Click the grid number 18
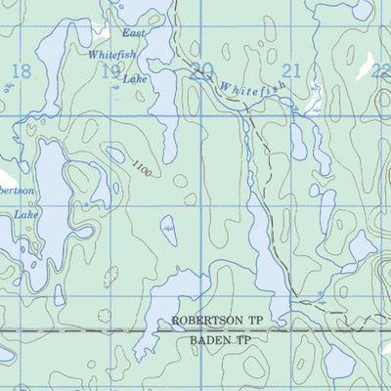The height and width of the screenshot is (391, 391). (20, 70)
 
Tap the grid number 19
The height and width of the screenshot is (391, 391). (111, 70)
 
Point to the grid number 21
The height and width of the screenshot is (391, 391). (290, 69)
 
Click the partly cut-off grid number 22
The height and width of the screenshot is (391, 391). (380, 69)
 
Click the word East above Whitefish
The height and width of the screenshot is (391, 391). (134, 34)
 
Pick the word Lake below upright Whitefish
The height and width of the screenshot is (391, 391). (134, 77)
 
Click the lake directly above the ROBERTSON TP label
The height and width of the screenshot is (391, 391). (186, 291)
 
